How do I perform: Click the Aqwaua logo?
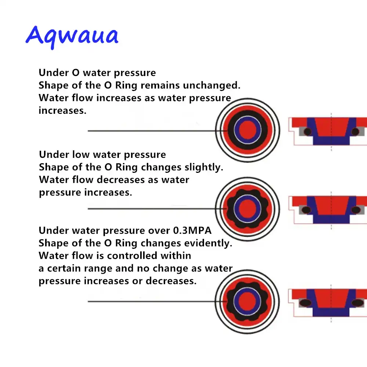[x=72, y=37]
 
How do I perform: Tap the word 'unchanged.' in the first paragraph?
[x=212, y=85]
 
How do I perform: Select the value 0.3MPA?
[x=192, y=230]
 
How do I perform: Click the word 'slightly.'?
[x=204, y=167]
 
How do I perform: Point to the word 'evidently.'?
[x=208, y=243]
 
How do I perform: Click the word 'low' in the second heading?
[x=81, y=155]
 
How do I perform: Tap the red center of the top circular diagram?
[x=247, y=130]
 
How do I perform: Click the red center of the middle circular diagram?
[x=247, y=208]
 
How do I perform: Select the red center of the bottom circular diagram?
[x=247, y=301]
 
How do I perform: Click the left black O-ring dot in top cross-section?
[x=308, y=132]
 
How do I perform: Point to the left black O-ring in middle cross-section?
[x=306, y=210]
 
